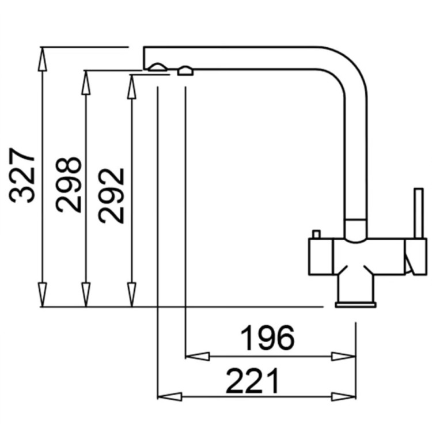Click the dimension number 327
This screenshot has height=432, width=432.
[22, 175]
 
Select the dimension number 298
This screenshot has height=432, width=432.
[69, 184]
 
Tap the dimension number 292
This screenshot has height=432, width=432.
[111, 196]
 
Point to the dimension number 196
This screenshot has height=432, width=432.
[267, 338]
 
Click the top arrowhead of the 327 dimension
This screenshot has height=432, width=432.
[42, 59]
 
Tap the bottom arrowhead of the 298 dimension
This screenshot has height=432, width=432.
[86, 294]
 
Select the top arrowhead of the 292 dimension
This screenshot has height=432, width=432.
[132, 86]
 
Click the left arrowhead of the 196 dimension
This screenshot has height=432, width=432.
[198, 356]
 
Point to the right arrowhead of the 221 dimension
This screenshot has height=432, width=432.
[344, 397]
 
